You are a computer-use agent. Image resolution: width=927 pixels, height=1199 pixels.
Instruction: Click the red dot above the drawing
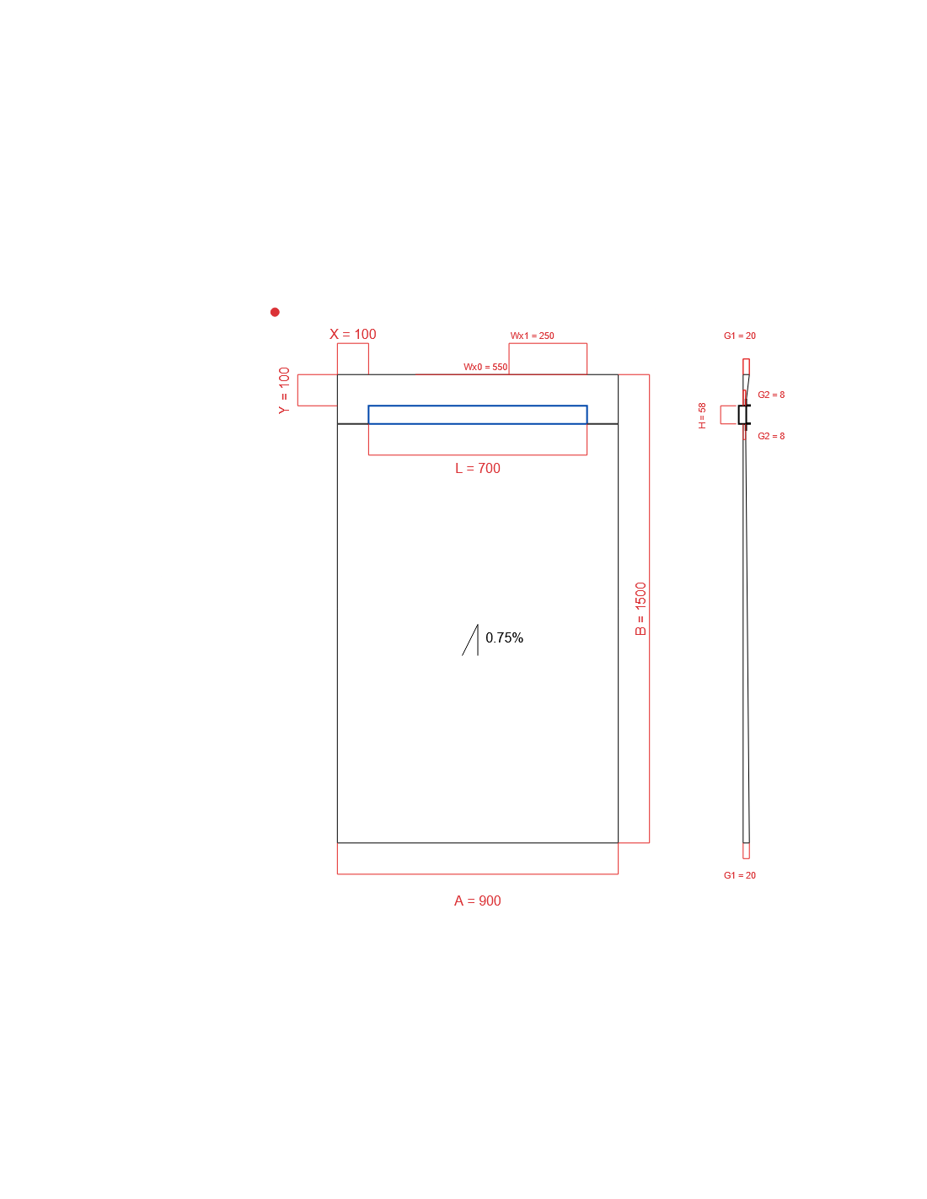(275, 312)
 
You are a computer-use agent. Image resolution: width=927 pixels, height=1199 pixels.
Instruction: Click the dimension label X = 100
(352, 334)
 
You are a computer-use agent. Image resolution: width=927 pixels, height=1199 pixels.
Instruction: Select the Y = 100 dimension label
(284, 390)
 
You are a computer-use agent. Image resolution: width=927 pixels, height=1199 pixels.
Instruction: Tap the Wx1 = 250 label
(532, 336)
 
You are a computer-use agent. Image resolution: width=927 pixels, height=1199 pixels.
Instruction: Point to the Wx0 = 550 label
(485, 367)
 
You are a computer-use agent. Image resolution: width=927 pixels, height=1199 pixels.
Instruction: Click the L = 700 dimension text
(478, 468)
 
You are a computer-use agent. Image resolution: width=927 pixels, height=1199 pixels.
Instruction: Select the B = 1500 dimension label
(640, 608)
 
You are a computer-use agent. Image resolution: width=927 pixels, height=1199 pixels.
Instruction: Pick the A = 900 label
(477, 901)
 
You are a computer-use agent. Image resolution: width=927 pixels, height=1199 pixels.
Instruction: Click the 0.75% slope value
(504, 637)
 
